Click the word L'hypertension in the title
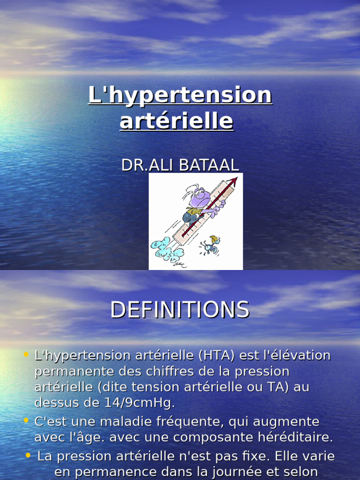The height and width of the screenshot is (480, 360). (x=180, y=96)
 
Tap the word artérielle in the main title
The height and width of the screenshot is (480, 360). (x=176, y=121)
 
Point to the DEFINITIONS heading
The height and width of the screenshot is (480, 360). (x=180, y=310)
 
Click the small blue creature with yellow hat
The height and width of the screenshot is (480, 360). (x=210, y=245)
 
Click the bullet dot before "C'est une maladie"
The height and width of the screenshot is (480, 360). (x=26, y=420)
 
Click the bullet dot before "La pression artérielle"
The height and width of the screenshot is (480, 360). (x=29, y=455)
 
